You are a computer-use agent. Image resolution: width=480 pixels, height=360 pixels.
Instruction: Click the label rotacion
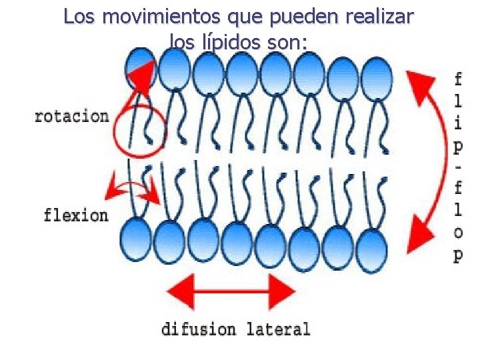[71, 117]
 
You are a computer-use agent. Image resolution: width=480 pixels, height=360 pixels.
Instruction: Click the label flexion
[75, 215]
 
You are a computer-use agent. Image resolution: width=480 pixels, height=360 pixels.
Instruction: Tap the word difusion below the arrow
[199, 329]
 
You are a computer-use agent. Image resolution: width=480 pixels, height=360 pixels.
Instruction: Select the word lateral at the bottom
[278, 329]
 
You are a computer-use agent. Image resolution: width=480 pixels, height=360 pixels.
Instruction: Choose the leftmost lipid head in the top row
[140, 69]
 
